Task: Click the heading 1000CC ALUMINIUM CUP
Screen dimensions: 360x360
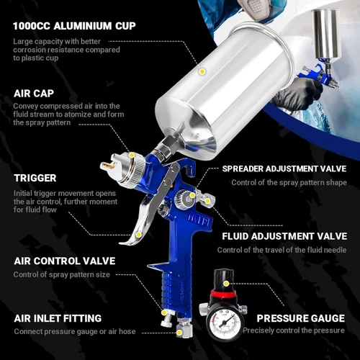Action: pos(74,26)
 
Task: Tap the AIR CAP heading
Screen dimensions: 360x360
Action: pos(34,94)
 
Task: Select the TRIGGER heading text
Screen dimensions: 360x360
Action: pos(35,178)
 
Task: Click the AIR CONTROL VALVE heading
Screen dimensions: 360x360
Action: pos(65,261)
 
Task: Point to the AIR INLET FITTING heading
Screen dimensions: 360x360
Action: pos(58,318)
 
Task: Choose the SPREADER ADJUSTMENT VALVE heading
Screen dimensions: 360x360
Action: pos(284,168)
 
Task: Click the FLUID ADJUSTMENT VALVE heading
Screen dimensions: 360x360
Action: pos(284,236)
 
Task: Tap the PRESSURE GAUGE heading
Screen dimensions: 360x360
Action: pos(301,318)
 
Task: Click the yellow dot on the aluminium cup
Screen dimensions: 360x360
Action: pos(202,71)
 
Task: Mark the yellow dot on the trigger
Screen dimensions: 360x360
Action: pos(138,235)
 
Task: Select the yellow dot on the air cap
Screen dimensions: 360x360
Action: pos(132,156)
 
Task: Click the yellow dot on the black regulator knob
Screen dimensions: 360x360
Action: pos(226,284)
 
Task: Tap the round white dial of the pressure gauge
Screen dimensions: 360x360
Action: pos(224,324)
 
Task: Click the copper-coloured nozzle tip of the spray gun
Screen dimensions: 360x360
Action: pos(109,165)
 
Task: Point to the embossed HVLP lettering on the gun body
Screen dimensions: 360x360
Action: pos(197,220)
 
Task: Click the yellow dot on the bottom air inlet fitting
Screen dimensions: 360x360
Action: pos(179,333)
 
